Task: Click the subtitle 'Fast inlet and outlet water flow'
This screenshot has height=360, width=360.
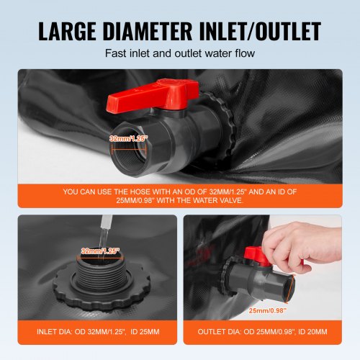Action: [x=180, y=53]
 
